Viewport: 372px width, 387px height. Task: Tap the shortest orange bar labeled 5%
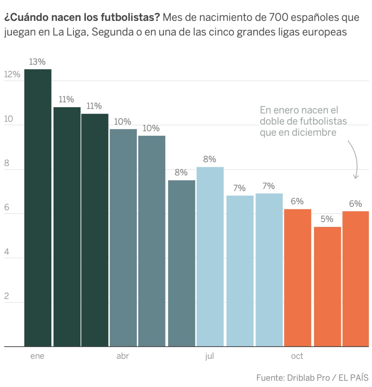pos(327,287)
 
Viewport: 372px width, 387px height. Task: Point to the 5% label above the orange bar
pos(327,219)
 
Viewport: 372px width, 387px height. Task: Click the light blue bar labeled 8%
pos(210,257)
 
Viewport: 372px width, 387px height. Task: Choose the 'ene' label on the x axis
pos(37,357)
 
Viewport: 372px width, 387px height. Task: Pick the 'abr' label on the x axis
pos(123,357)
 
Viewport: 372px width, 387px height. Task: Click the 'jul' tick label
pos(210,357)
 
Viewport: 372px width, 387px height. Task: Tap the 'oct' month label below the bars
pos(297,357)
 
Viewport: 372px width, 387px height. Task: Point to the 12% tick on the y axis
pos(12,75)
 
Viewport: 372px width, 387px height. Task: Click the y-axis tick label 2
pos(6,297)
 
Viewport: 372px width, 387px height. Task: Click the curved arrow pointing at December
pos(354,160)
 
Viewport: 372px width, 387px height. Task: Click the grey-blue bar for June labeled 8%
pos(181,263)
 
